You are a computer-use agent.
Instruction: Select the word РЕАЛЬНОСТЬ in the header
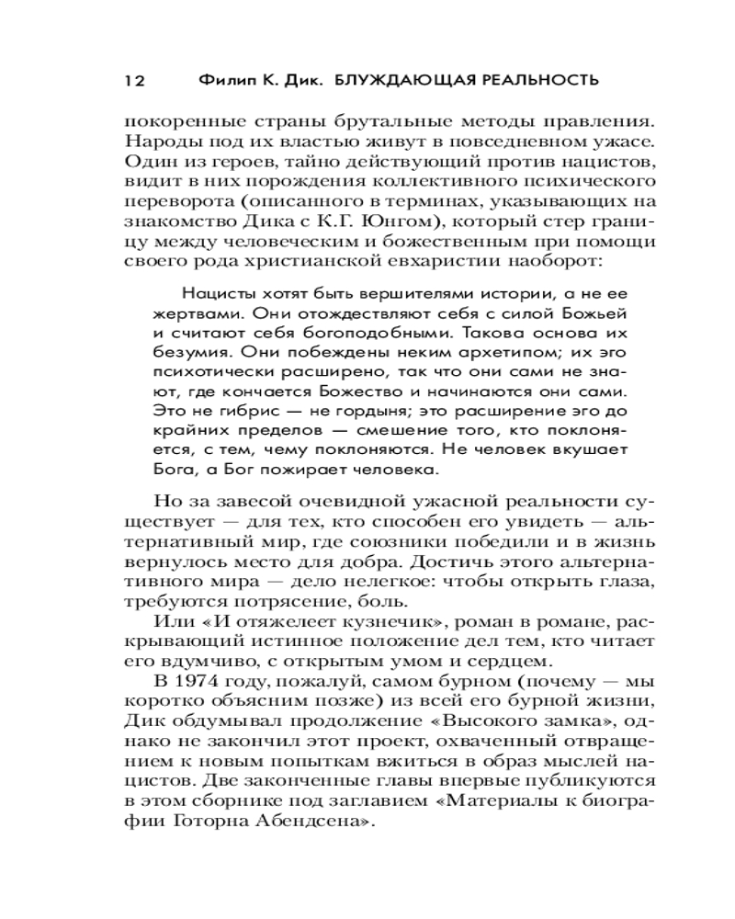pyautogui.click(x=534, y=81)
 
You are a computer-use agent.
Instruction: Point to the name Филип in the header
pyautogui.click(x=223, y=81)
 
